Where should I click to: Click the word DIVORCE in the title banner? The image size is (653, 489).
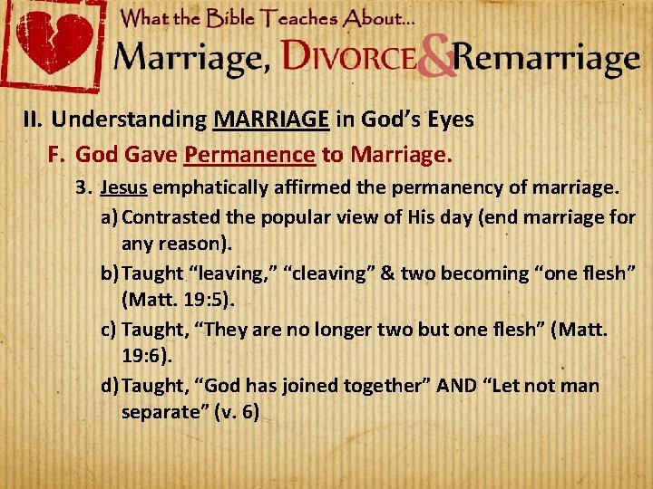tap(349, 58)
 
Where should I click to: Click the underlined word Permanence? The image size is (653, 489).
tap(249, 154)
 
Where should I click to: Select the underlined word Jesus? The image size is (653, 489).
tap(124, 188)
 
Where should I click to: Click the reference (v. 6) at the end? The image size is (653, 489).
tap(237, 413)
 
